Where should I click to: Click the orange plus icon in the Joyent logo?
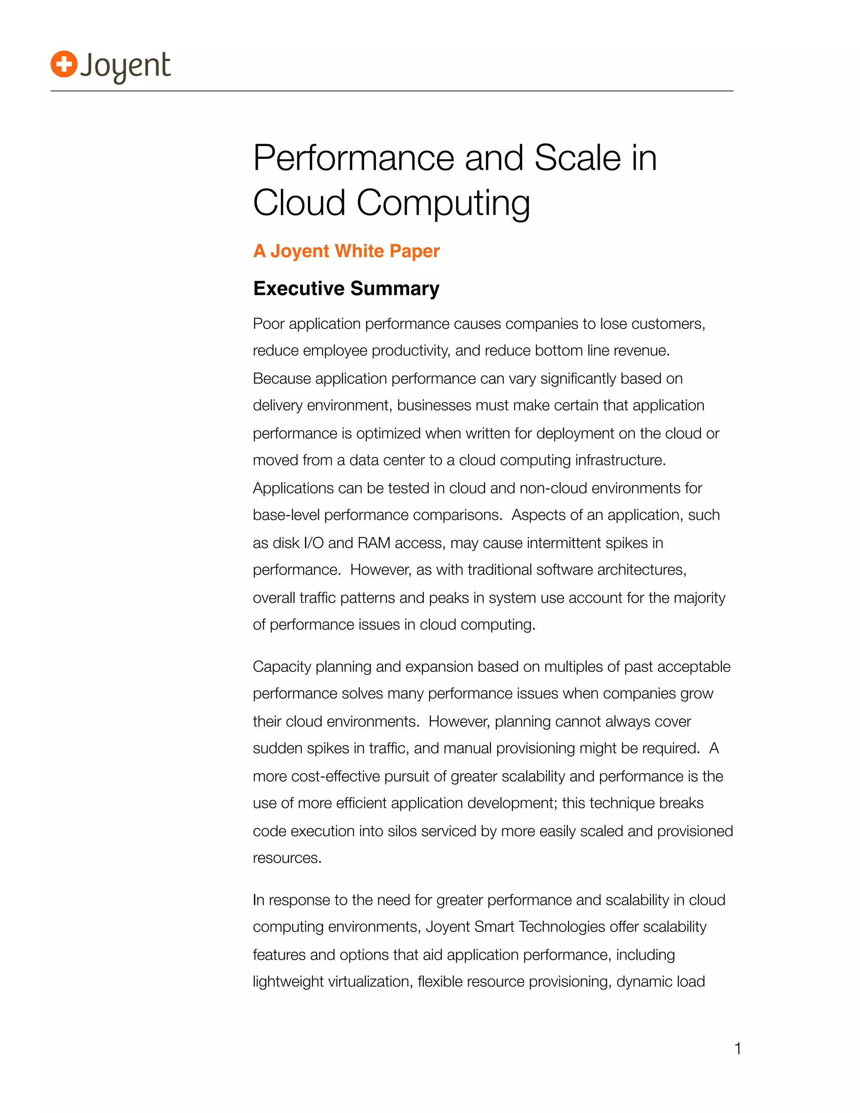tap(64, 65)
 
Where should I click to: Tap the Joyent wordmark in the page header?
tap(125, 66)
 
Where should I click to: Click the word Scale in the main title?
tap(578, 158)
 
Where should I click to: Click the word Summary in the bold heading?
tap(394, 289)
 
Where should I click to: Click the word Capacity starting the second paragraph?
tap(282, 667)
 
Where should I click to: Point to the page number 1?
tap(737, 1049)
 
